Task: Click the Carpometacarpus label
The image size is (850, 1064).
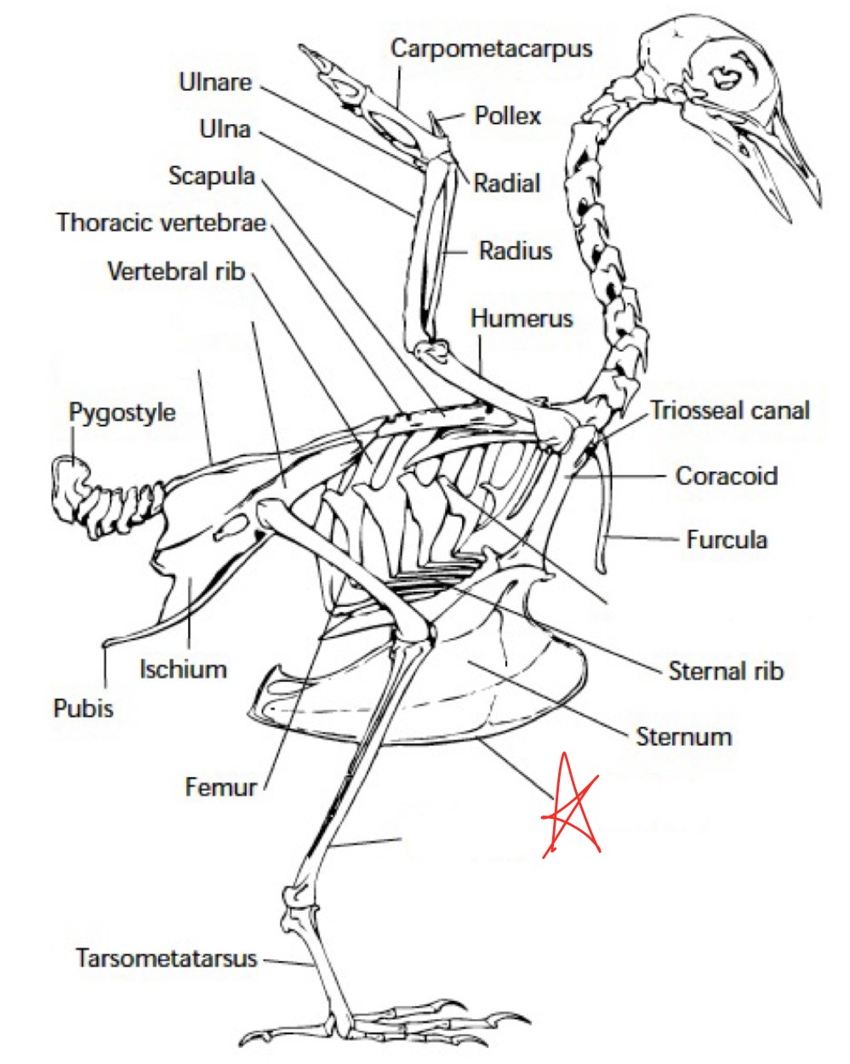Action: tap(491, 49)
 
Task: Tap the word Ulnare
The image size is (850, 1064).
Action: tap(215, 83)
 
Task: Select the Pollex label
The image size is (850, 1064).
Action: tap(507, 116)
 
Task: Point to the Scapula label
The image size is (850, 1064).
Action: tap(212, 176)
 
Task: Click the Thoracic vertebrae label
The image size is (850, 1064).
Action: tap(162, 223)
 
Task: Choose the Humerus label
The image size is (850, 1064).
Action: tap(522, 319)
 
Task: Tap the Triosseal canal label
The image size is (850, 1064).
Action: tap(730, 411)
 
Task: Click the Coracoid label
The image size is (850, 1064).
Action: tap(726, 475)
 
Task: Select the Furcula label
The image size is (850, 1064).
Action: tap(727, 540)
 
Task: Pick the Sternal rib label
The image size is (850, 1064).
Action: tap(725, 671)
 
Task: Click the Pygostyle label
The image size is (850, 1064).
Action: tap(122, 413)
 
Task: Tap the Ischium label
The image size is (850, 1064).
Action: tap(183, 669)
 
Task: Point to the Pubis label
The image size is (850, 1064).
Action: tap(83, 708)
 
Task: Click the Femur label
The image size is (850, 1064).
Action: tap(220, 787)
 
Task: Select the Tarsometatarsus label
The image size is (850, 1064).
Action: tap(167, 958)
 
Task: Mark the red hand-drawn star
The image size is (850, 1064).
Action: tap(573, 806)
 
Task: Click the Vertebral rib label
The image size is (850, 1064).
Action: tap(176, 272)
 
